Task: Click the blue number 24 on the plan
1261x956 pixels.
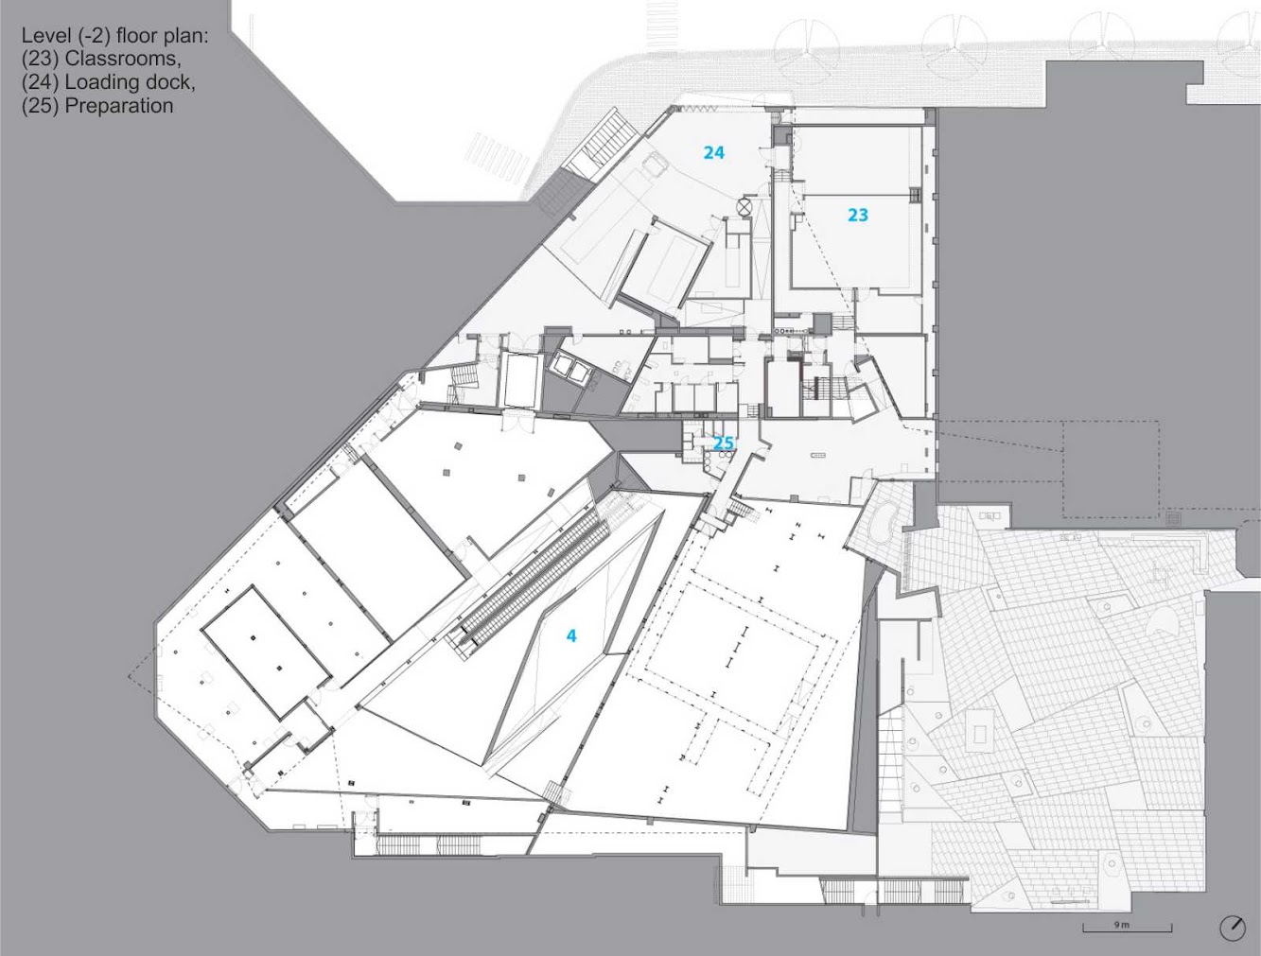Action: pyautogui.click(x=714, y=153)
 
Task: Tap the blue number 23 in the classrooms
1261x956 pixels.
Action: pyautogui.click(x=858, y=216)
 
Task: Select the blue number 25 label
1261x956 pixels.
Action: pyautogui.click(x=724, y=443)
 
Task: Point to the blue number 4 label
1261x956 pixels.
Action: pyautogui.click(x=571, y=635)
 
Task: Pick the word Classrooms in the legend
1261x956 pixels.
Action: pyautogui.click(x=123, y=59)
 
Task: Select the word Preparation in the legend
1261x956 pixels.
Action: pyautogui.click(x=119, y=106)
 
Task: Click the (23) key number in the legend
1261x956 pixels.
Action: pyautogui.click(x=41, y=59)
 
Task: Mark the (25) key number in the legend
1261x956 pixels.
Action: pyautogui.click(x=41, y=106)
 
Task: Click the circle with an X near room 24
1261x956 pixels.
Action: pyautogui.click(x=744, y=207)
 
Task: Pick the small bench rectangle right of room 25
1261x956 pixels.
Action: pyautogui.click(x=817, y=456)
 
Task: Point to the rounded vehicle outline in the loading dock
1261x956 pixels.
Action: pyautogui.click(x=655, y=165)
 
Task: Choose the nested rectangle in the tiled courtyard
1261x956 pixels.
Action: pyautogui.click(x=979, y=731)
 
